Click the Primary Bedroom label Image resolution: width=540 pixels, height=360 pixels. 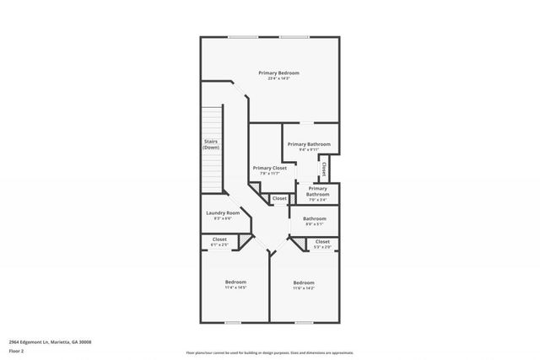[x=278, y=73]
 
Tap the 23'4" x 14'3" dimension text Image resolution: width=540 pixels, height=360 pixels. [x=278, y=78]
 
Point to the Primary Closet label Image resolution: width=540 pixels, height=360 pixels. [x=270, y=168]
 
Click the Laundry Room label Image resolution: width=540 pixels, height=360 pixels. [x=223, y=213]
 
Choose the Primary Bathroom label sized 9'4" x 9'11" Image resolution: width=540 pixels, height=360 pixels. [x=309, y=144]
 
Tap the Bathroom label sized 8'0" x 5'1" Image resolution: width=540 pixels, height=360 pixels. [x=315, y=218]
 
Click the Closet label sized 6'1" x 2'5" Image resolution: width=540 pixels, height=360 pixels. [x=219, y=239]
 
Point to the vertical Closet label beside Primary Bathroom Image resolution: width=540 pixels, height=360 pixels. [x=324, y=169]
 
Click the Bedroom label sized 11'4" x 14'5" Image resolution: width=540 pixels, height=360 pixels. [x=235, y=282]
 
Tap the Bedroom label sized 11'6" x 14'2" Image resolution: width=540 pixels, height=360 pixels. [x=304, y=282]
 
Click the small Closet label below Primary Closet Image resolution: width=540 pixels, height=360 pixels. [x=278, y=198]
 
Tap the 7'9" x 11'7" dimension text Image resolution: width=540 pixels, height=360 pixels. [x=270, y=174]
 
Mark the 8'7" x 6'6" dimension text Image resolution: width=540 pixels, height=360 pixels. [x=223, y=219]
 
